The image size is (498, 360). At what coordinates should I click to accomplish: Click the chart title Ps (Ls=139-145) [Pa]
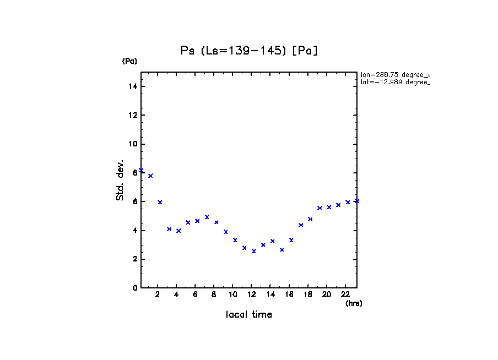250,51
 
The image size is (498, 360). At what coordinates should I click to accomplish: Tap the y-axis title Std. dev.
120,181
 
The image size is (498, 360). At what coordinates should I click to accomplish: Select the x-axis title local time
249,315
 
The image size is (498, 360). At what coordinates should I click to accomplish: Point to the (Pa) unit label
129,62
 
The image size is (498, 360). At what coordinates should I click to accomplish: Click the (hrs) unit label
354,303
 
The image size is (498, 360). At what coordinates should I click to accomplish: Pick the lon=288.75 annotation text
394,74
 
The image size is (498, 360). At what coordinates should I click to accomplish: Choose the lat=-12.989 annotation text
394,82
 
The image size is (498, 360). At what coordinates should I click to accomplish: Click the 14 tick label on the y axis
133,86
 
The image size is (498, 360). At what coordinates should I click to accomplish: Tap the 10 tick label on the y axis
133,144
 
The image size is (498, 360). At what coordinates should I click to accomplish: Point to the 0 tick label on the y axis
135,288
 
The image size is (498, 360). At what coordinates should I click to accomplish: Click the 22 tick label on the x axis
345,294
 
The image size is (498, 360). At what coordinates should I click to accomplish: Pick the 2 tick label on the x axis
158,294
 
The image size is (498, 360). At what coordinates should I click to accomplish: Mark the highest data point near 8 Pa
141,171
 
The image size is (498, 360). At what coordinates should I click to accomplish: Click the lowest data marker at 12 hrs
254,251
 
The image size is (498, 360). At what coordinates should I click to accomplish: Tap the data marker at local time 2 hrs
160,202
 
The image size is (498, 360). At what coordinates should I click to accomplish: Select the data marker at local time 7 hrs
207,217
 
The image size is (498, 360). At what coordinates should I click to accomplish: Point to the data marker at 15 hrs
282,250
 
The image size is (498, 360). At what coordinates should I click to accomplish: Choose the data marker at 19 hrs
320,208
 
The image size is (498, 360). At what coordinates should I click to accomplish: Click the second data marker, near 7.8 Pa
150,176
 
